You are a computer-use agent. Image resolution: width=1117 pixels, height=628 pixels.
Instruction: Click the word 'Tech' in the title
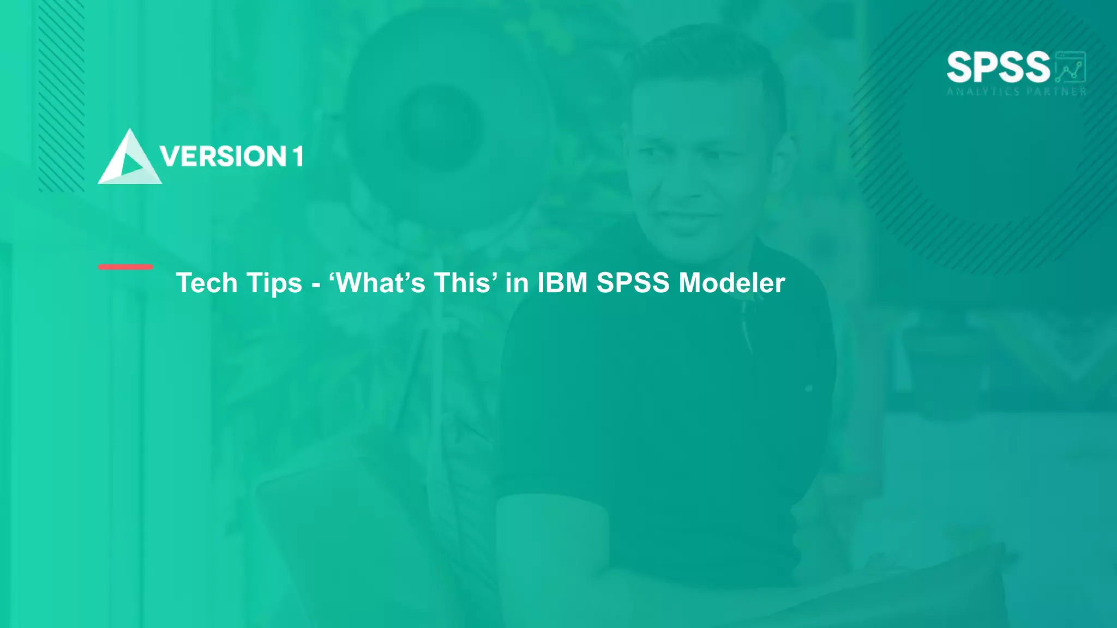coord(207,283)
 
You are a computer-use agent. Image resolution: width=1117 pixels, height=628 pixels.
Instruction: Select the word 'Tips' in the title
coord(274,283)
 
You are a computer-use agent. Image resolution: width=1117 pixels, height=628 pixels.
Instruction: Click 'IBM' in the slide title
coord(562,283)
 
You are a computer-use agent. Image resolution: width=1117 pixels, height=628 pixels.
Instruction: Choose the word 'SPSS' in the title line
coord(633,283)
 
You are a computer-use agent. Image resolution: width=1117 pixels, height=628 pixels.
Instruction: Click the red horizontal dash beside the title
coord(125,267)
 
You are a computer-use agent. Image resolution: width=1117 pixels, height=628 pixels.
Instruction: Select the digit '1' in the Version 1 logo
coord(297,156)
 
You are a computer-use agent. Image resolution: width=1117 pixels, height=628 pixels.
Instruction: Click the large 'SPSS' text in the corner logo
coord(998,68)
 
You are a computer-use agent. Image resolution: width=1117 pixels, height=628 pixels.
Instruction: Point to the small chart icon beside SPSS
coord(1071,68)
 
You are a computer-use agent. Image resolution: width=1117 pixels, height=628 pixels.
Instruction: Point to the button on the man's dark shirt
coord(809,388)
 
